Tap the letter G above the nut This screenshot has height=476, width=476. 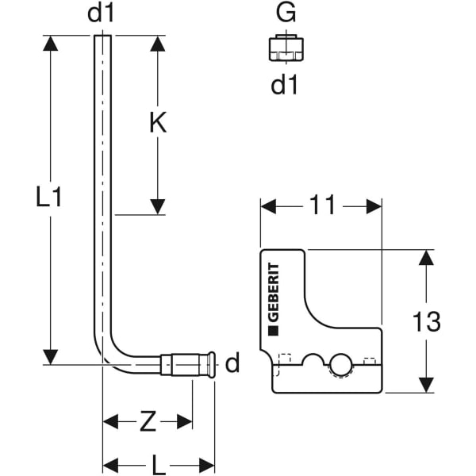coord(284,14)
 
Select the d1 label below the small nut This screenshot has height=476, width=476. coord(284,85)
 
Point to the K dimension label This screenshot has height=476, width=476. coord(158,123)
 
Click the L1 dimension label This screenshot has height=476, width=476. coord(49,198)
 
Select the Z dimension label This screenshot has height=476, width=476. coord(148,422)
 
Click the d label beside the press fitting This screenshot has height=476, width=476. coord(232,364)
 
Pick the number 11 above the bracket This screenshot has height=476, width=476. coord(322,205)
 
